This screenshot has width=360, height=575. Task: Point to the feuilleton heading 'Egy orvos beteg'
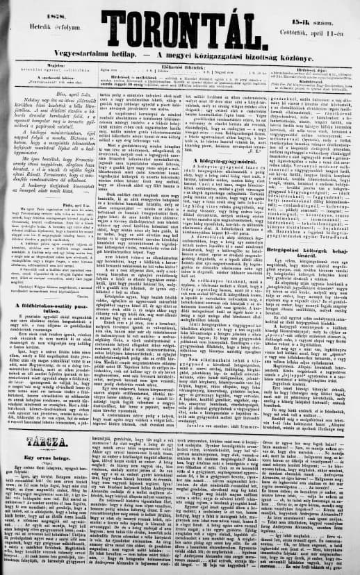(42, 442)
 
